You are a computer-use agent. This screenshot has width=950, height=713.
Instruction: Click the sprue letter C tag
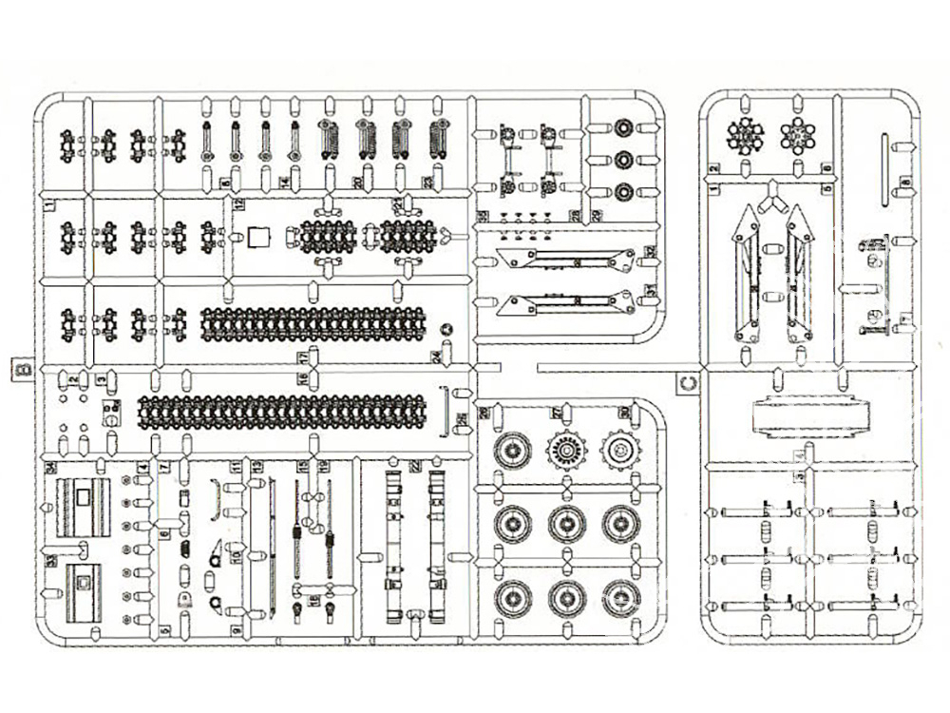point(691,383)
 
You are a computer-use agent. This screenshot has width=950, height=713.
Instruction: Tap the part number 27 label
point(558,413)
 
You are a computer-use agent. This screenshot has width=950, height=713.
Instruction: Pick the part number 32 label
point(650,252)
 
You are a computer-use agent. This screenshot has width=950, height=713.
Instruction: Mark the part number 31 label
point(650,289)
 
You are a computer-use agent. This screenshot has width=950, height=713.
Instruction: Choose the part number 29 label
point(598,216)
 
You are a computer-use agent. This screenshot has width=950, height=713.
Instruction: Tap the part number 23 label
point(427,181)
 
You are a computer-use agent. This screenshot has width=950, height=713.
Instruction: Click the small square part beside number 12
point(258,236)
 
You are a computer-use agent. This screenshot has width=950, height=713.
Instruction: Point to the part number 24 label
point(436,356)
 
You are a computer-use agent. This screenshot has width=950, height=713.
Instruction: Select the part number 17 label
point(303,356)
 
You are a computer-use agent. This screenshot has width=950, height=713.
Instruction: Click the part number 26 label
point(462,418)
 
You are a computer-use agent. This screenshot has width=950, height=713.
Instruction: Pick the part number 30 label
point(624,413)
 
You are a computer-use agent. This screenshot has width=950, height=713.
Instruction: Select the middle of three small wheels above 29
point(622,159)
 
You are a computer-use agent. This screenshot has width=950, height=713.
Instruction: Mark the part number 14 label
point(284,181)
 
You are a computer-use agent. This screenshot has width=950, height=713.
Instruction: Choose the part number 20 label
point(355,181)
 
